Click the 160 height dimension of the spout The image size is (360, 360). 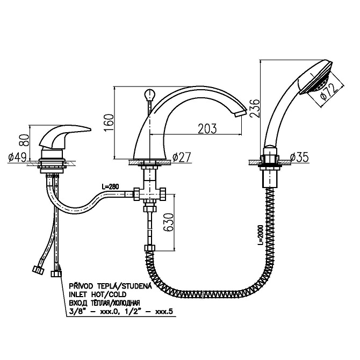(109, 122)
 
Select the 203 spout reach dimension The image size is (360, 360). (207, 128)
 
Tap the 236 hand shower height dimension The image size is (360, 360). (255, 109)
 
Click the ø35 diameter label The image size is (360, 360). (299, 157)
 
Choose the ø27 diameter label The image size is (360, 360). (182, 157)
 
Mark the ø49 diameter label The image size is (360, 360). (18, 157)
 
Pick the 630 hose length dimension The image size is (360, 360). (168, 222)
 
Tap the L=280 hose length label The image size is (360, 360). (110, 186)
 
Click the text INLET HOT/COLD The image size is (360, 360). (98, 294)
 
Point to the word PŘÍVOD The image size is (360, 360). (81, 286)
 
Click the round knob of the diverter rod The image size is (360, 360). (150, 94)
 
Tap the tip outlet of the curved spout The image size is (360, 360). (240, 113)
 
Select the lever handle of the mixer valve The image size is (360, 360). (66, 136)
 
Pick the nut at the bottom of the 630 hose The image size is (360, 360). (150, 248)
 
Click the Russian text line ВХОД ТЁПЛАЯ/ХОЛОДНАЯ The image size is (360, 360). (104, 303)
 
